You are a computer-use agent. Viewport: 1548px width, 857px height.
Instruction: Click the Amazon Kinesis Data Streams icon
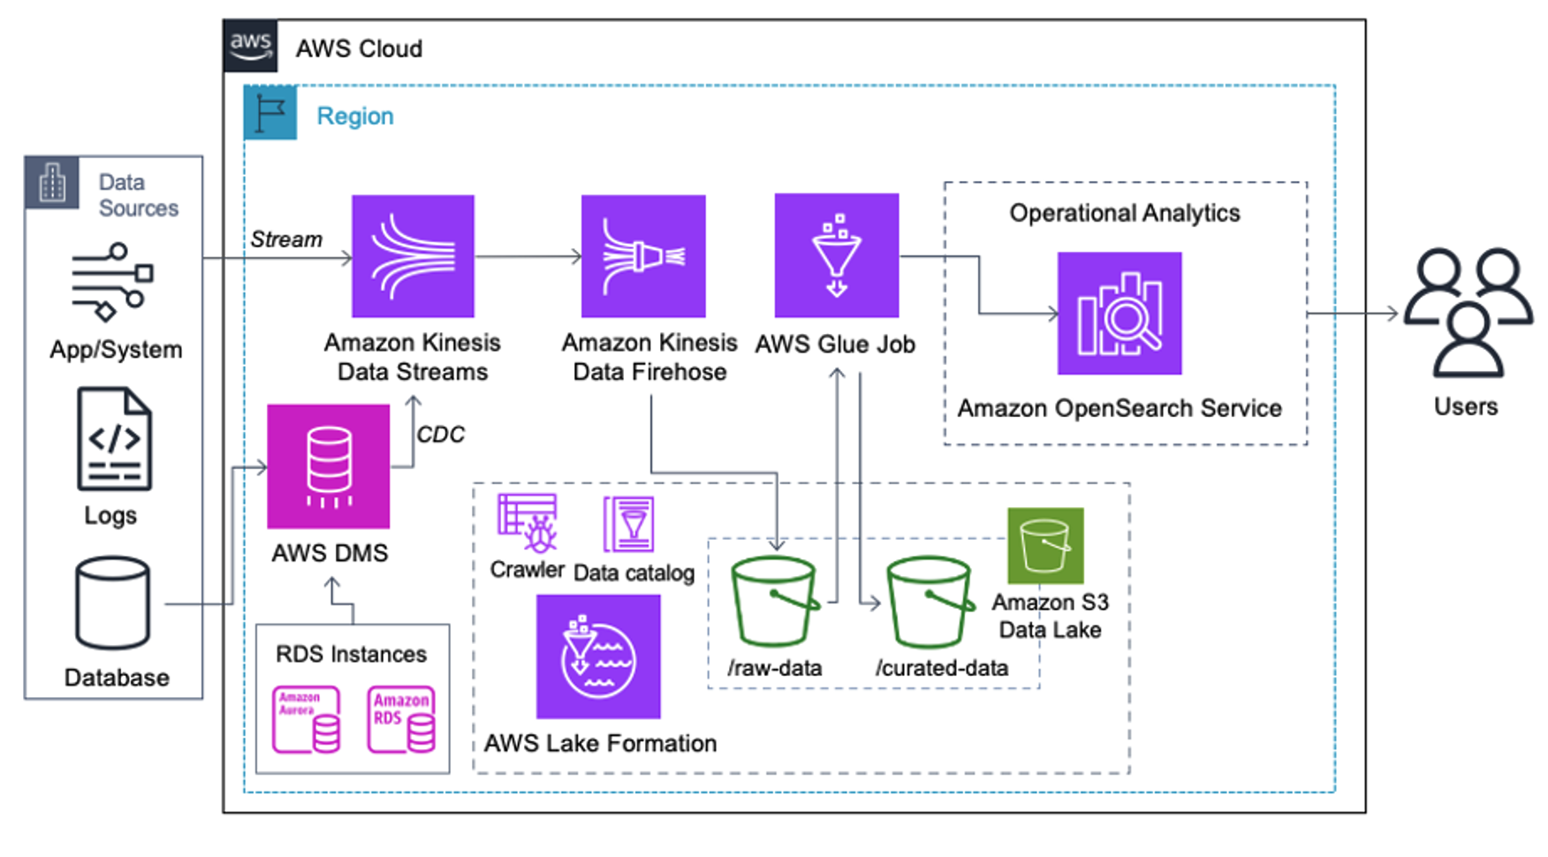(413, 256)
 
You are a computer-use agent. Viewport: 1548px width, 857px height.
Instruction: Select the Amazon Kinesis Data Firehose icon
(643, 256)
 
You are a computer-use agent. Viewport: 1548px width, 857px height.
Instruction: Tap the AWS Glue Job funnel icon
(836, 255)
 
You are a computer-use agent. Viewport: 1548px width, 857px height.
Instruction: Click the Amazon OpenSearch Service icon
(1119, 314)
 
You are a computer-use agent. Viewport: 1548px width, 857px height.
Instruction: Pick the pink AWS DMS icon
(328, 466)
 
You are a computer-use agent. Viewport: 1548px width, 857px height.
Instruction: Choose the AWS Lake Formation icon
(598, 656)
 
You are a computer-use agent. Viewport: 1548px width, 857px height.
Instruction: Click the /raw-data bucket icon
(774, 603)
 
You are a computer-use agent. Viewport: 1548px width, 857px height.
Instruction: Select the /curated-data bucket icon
(930, 603)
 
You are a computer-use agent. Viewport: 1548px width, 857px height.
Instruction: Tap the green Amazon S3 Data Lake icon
(1045, 545)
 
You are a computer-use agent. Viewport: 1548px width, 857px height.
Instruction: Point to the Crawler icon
(527, 523)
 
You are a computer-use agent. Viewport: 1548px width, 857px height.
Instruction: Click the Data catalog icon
(628, 525)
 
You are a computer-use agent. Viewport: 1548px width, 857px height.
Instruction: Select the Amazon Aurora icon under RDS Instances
(306, 719)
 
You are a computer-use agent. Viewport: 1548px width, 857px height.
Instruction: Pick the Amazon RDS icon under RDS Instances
(401, 719)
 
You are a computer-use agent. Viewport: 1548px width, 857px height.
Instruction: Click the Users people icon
(1468, 313)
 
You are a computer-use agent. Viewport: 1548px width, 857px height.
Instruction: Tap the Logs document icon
(114, 439)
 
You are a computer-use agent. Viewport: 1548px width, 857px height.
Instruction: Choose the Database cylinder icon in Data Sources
(112, 603)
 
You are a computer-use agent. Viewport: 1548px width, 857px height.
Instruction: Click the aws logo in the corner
(251, 45)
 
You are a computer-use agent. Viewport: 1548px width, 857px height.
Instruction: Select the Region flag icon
(270, 113)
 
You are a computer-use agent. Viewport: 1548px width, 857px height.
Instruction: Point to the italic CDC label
(440, 435)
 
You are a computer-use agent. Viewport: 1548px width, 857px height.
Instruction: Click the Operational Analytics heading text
(1124, 213)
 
